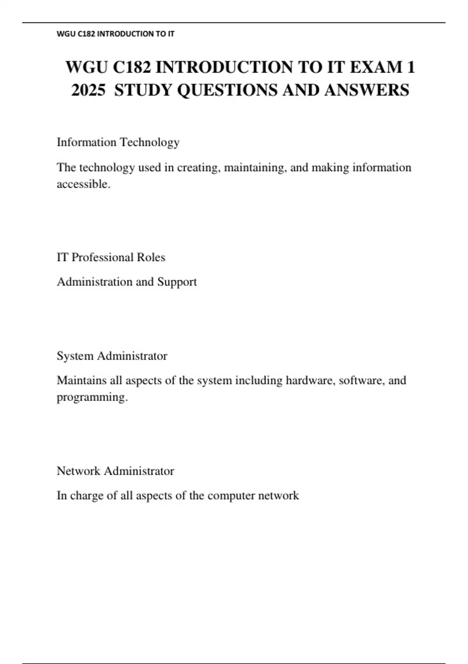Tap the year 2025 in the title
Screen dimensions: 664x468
[x=89, y=90]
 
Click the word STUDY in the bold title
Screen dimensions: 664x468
[x=143, y=90]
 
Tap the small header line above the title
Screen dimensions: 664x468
[x=115, y=34]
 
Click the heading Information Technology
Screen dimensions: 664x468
[x=118, y=142]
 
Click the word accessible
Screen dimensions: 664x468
[x=83, y=184]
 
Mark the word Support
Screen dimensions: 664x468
[x=177, y=282]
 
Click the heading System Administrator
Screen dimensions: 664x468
[x=112, y=356]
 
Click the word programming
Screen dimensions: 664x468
[x=92, y=397]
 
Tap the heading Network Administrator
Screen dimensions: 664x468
[x=115, y=471]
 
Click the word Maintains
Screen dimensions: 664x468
[x=82, y=380]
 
